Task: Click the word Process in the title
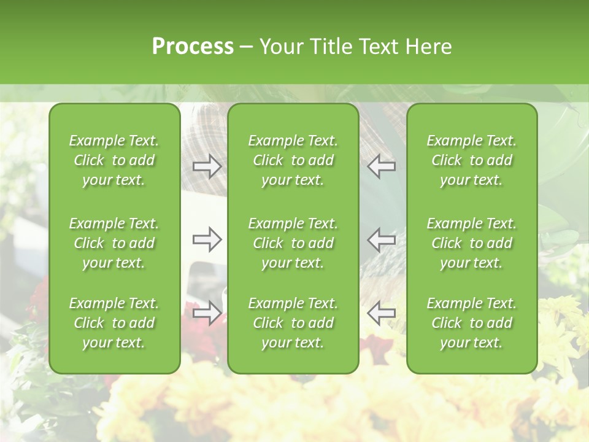(193, 47)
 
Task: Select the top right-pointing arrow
(207, 166)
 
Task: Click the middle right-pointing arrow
(207, 239)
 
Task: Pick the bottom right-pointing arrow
(207, 312)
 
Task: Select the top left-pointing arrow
(382, 166)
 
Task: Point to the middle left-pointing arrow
(382, 239)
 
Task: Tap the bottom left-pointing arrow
(382, 312)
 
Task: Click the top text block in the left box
(114, 160)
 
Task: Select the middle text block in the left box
(114, 243)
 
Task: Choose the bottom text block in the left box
(114, 323)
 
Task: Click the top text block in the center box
(293, 160)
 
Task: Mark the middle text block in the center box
(293, 243)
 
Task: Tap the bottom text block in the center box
(293, 323)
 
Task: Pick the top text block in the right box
(471, 160)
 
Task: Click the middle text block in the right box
(471, 243)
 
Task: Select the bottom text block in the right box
(471, 323)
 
